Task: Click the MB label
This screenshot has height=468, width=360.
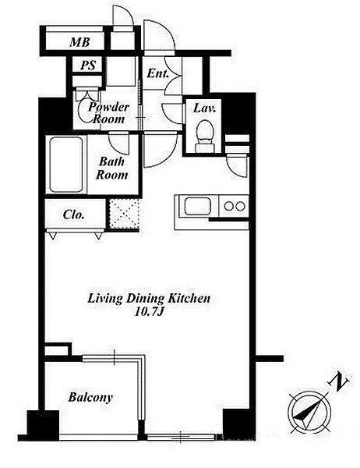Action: pos(79,42)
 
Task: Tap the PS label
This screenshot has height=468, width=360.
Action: pos(88,66)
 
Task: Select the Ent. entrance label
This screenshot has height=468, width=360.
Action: pos(157,73)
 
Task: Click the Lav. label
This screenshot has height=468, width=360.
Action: pos(204,108)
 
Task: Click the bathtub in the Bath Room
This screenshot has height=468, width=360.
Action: pos(66,165)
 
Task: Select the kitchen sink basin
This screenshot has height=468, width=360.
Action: pos(197,206)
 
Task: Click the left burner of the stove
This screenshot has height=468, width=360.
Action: pos(229,206)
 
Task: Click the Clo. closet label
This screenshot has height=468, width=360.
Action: pos(74,214)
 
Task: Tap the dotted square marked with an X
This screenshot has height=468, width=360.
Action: pos(124,214)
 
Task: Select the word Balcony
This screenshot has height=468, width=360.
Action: pos(90,398)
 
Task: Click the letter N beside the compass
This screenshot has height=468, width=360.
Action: pos(338,381)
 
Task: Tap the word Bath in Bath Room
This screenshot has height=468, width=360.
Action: pos(111,161)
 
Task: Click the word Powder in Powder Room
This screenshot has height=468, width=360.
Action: pos(108,107)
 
